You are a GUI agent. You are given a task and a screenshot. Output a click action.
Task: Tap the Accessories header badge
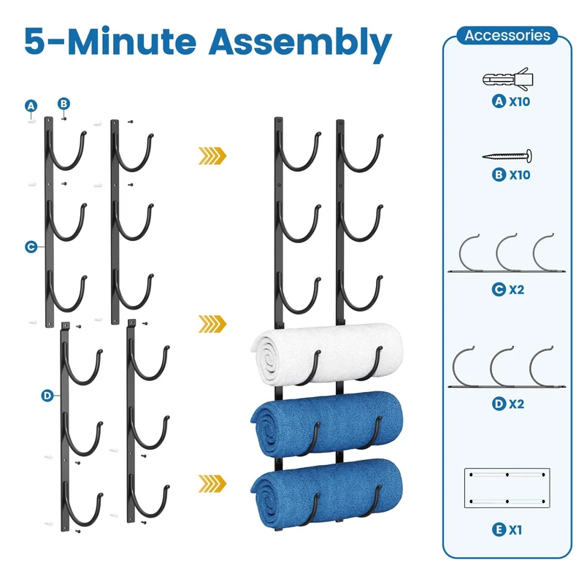tap(507, 35)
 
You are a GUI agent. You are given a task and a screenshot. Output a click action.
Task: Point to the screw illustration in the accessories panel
tap(507, 155)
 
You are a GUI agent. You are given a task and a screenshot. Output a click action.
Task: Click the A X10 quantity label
tap(510, 101)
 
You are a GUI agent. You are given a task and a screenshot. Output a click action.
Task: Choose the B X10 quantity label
tap(510, 175)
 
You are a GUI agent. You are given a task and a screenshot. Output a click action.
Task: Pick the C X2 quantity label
tap(508, 289)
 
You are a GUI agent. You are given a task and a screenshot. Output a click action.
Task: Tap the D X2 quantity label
tap(508, 403)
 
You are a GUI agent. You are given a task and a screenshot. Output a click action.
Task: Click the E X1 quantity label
tap(508, 529)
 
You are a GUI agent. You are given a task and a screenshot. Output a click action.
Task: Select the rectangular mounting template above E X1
tap(507, 486)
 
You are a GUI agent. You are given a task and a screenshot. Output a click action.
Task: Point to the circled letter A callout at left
tap(31, 107)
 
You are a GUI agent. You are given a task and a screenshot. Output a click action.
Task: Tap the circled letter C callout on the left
tap(31, 247)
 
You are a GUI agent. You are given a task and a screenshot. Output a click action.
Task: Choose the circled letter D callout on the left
tap(47, 396)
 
